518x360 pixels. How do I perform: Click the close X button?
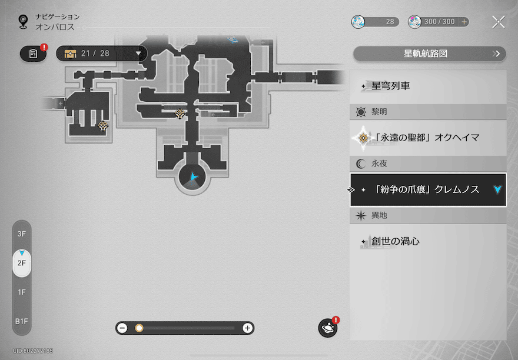coord(498,22)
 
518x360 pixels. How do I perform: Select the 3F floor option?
coord(22,234)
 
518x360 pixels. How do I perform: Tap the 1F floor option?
coord(22,292)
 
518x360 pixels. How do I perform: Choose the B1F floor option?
coord(22,321)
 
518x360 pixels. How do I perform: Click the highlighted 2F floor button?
coord(22,262)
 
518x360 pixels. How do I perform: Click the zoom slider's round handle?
coord(139,328)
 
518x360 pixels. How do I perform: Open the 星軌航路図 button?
coord(429,54)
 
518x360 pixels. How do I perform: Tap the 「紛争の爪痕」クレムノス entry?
coord(428,189)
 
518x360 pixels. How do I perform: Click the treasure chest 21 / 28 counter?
coord(101,54)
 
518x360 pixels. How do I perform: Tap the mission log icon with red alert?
coord(33,54)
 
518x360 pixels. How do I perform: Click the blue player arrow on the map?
coord(194,176)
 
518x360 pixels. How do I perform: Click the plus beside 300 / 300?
coord(464,22)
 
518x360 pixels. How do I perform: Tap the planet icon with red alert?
coord(328,328)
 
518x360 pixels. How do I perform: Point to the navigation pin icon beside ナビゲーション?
coord(23,22)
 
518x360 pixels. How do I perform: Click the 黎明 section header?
coord(428,112)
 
